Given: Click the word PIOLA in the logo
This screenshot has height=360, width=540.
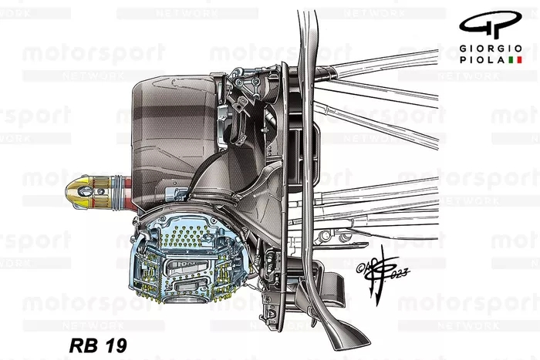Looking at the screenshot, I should tap(482, 59).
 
